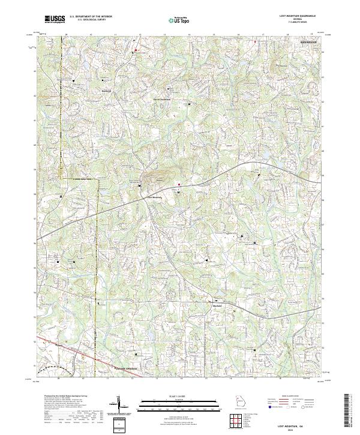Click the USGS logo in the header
pos(55,19)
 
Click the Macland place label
pos(218,305)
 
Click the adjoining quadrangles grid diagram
pos(237,421)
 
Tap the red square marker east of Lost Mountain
pos(178,184)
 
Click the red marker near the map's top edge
pos(136,49)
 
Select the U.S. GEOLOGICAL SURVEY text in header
pos(87,20)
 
